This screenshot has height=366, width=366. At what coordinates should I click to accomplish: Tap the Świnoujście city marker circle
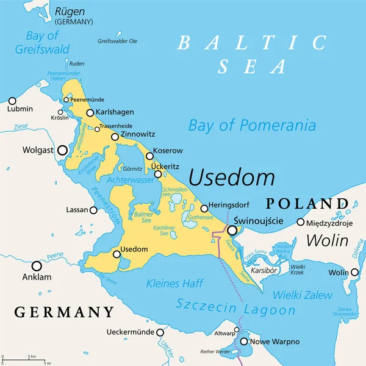pyautogui.click(x=232, y=231)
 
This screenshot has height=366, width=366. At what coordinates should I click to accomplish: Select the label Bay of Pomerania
pyautogui.click(x=252, y=126)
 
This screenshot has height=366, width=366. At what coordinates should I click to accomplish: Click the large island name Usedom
pyautogui.click(x=231, y=178)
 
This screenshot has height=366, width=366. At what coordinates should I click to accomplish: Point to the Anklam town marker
pyautogui.click(x=37, y=266)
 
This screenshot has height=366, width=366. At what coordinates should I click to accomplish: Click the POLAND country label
pyautogui.click(x=306, y=203)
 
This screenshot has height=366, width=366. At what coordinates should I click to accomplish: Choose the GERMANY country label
pyautogui.click(x=63, y=312)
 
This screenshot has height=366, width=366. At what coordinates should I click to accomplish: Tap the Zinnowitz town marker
pyautogui.click(x=115, y=137)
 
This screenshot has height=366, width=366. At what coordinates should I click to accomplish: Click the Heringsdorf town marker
pyautogui.click(x=204, y=209)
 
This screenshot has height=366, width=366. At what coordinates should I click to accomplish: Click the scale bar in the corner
pyautogui.click(x=24, y=359)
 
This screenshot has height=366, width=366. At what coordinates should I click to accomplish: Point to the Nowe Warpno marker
pyautogui.click(x=245, y=342)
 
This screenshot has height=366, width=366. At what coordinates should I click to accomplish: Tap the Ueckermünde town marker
pyautogui.click(x=160, y=332)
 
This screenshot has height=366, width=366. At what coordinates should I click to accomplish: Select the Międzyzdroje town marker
pyautogui.click(x=300, y=222)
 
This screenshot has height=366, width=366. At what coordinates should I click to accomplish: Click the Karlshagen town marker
pyautogui.click(x=90, y=113)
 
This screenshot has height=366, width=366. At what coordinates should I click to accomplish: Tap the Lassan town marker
pyautogui.click(x=93, y=210)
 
